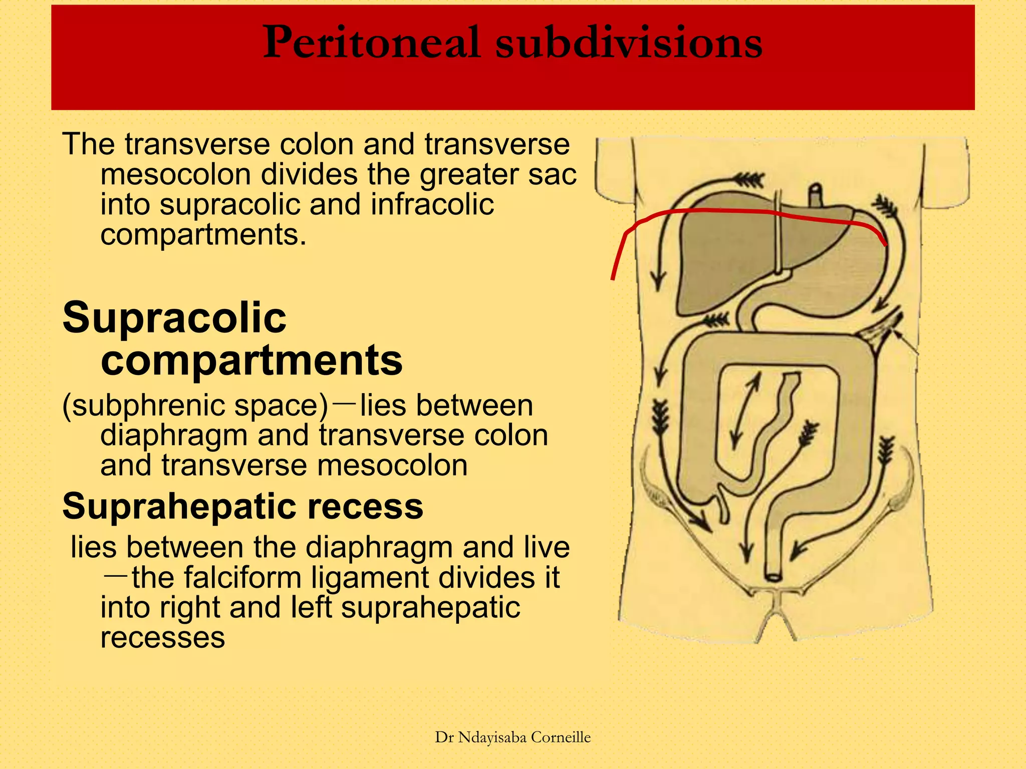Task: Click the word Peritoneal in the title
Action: [371, 44]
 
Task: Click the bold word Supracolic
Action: [174, 318]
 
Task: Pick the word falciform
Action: [242, 577]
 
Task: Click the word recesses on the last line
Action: [163, 637]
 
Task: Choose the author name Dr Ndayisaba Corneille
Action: [512, 737]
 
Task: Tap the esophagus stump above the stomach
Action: [816, 194]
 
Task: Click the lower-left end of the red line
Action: [613, 278]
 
